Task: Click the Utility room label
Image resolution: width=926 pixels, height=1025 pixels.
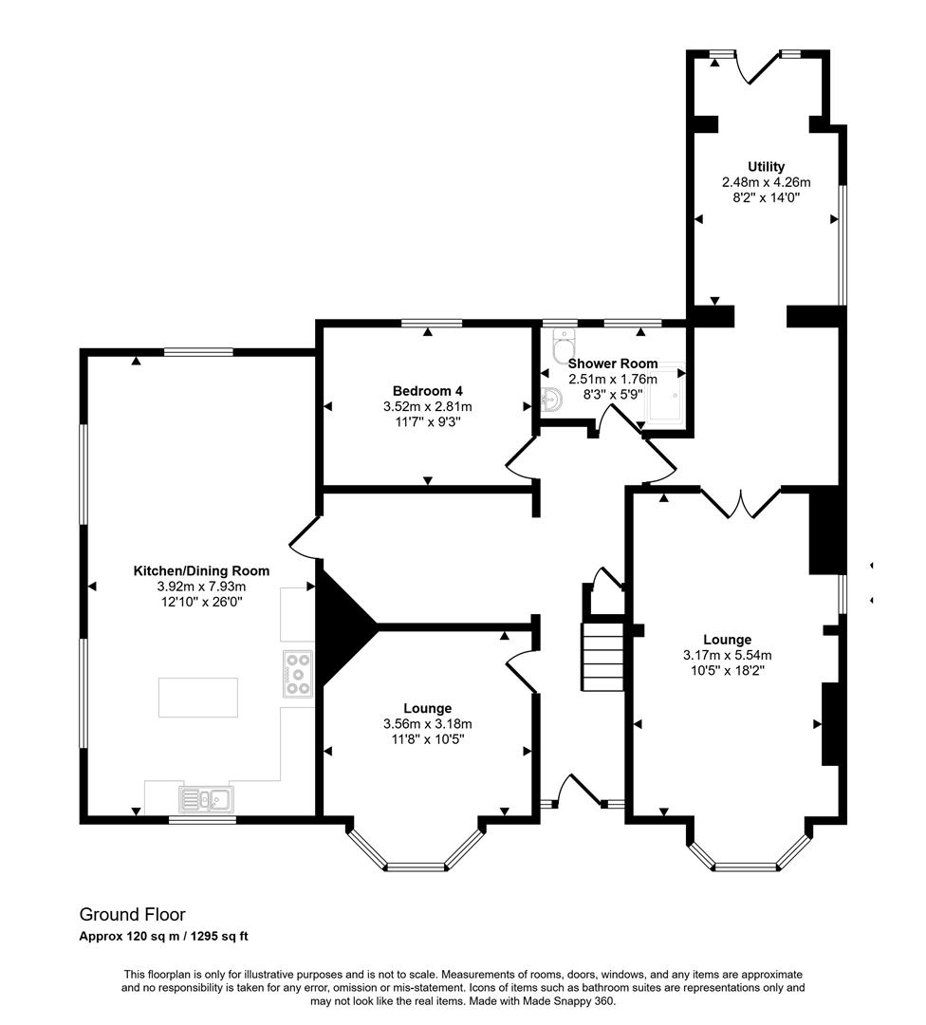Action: click(766, 166)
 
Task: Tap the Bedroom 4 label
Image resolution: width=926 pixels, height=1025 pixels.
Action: click(427, 390)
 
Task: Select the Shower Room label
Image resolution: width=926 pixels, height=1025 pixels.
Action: click(612, 363)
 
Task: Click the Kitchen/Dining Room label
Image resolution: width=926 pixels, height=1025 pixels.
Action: click(201, 570)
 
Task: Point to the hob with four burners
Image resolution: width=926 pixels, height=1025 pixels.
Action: click(298, 673)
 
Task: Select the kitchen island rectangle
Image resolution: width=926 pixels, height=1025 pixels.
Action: click(197, 698)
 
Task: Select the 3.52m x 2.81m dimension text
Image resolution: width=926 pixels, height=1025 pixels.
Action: click(427, 406)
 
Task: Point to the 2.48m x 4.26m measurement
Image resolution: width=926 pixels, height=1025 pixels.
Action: click(766, 182)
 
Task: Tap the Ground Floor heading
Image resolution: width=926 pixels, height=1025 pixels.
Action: click(132, 914)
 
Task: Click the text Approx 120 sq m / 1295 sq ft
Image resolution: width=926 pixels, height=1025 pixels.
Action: click(163, 937)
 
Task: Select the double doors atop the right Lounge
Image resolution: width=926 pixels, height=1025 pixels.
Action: click(740, 503)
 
